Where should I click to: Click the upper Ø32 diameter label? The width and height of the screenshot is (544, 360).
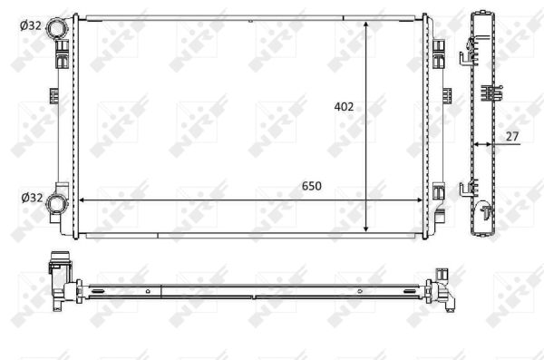pyautogui.click(x=30, y=26)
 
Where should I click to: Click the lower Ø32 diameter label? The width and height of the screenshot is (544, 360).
pyautogui.click(x=30, y=198)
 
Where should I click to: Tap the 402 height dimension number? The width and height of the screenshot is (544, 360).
pyautogui.click(x=344, y=106)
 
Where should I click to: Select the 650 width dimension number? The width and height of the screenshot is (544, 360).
pyautogui.click(x=311, y=186)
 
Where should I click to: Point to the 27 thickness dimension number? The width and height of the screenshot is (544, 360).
pyautogui.click(x=512, y=136)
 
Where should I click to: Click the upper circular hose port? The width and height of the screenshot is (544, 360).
pyautogui.click(x=59, y=28)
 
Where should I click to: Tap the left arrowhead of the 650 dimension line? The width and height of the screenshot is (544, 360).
pyautogui.click(x=84, y=199)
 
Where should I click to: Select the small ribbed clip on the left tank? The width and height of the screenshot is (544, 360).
pyautogui.click(x=51, y=95)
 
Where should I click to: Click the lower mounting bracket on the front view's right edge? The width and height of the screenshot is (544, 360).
pyautogui.click(x=439, y=192)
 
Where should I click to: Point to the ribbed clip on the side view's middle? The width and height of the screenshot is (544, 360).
pyautogui.click(x=491, y=92)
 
